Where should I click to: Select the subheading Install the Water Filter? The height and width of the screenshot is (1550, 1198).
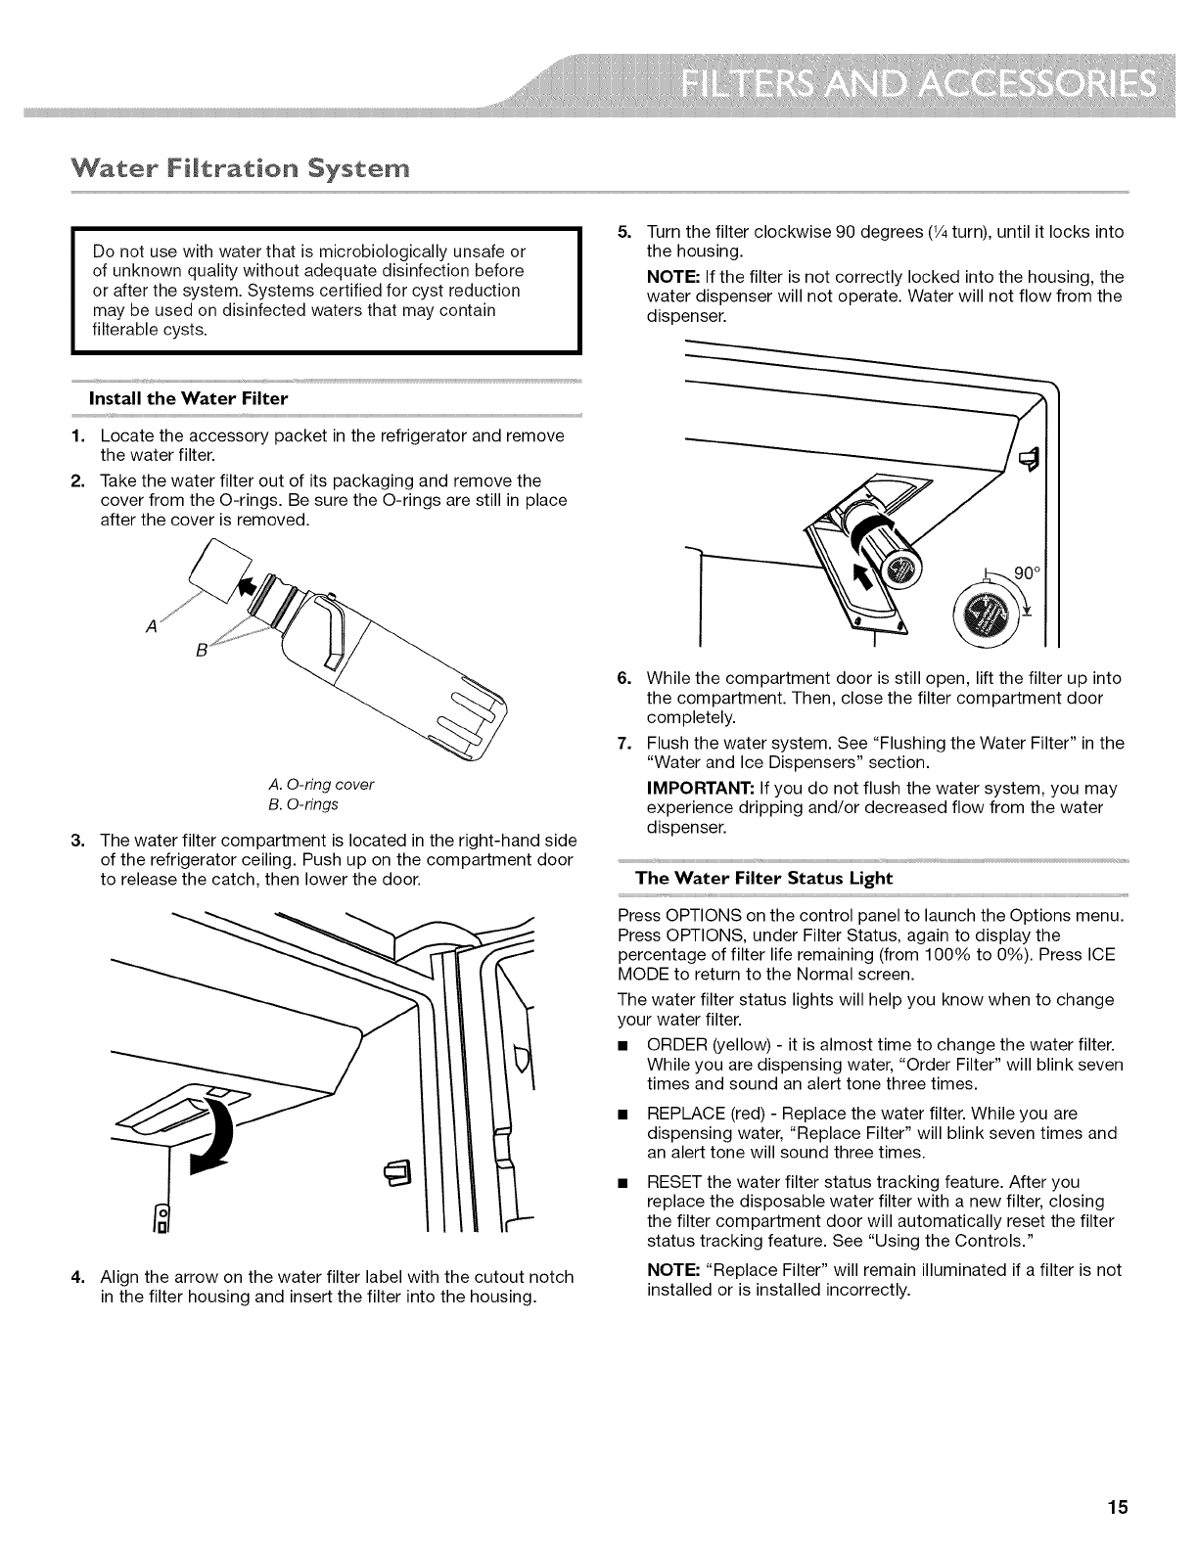point(189,398)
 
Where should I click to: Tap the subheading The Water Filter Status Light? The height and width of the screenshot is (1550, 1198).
point(763,878)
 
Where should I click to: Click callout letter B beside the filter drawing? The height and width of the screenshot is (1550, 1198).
point(201,651)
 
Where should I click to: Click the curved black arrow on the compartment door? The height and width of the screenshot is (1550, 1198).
point(217,1133)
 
